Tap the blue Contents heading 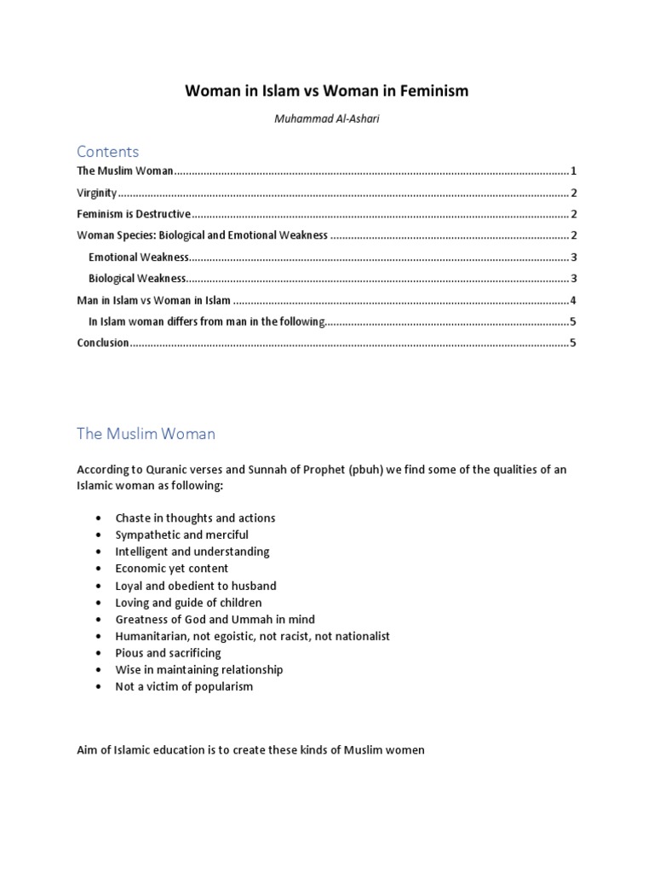pos(107,152)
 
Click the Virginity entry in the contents pos(97,193)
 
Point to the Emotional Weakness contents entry pos(139,257)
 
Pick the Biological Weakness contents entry pos(137,278)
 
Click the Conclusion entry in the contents pos(103,343)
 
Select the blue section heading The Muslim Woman pos(146,434)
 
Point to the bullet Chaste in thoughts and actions pos(195,517)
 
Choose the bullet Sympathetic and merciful pos(181,535)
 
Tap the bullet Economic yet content pos(171,569)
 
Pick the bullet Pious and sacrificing pos(168,653)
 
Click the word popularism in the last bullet pos(223,686)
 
